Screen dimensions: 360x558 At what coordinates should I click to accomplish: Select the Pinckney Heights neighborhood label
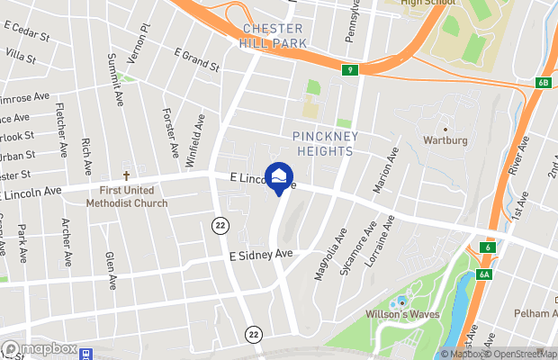pyautogui.click(x=326, y=144)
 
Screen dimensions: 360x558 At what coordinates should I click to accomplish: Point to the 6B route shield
pyautogui.click(x=543, y=83)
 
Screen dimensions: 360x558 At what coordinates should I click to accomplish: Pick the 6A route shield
pyautogui.click(x=484, y=274)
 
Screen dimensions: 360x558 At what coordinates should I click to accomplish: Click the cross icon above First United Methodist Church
pyautogui.click(x=127, y=176)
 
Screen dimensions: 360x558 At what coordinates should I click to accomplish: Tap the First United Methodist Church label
pyautogui.click(x=127, y=197)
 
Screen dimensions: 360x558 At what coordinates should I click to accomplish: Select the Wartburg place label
pyautogui.click(x=445, y=140)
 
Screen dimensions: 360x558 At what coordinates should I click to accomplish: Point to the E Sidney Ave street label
pyautogui.click(x=262, y=256)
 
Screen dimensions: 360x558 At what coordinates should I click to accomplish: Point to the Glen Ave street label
pyautogui.click(x=112, y=271)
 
